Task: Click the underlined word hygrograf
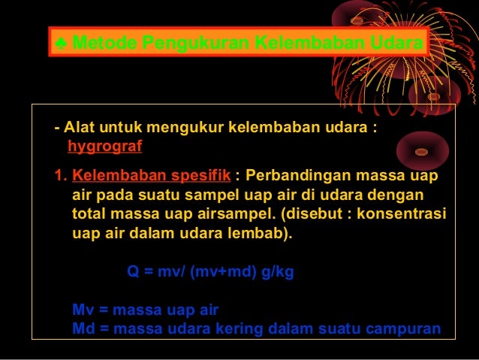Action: click(104, 146)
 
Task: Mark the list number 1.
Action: click(59, 176)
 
